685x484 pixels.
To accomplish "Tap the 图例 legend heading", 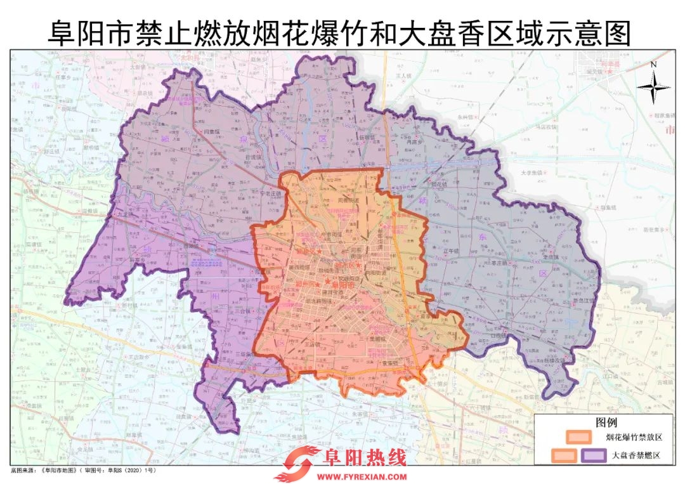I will (606, 421).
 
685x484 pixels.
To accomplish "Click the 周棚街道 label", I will (348, 200).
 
